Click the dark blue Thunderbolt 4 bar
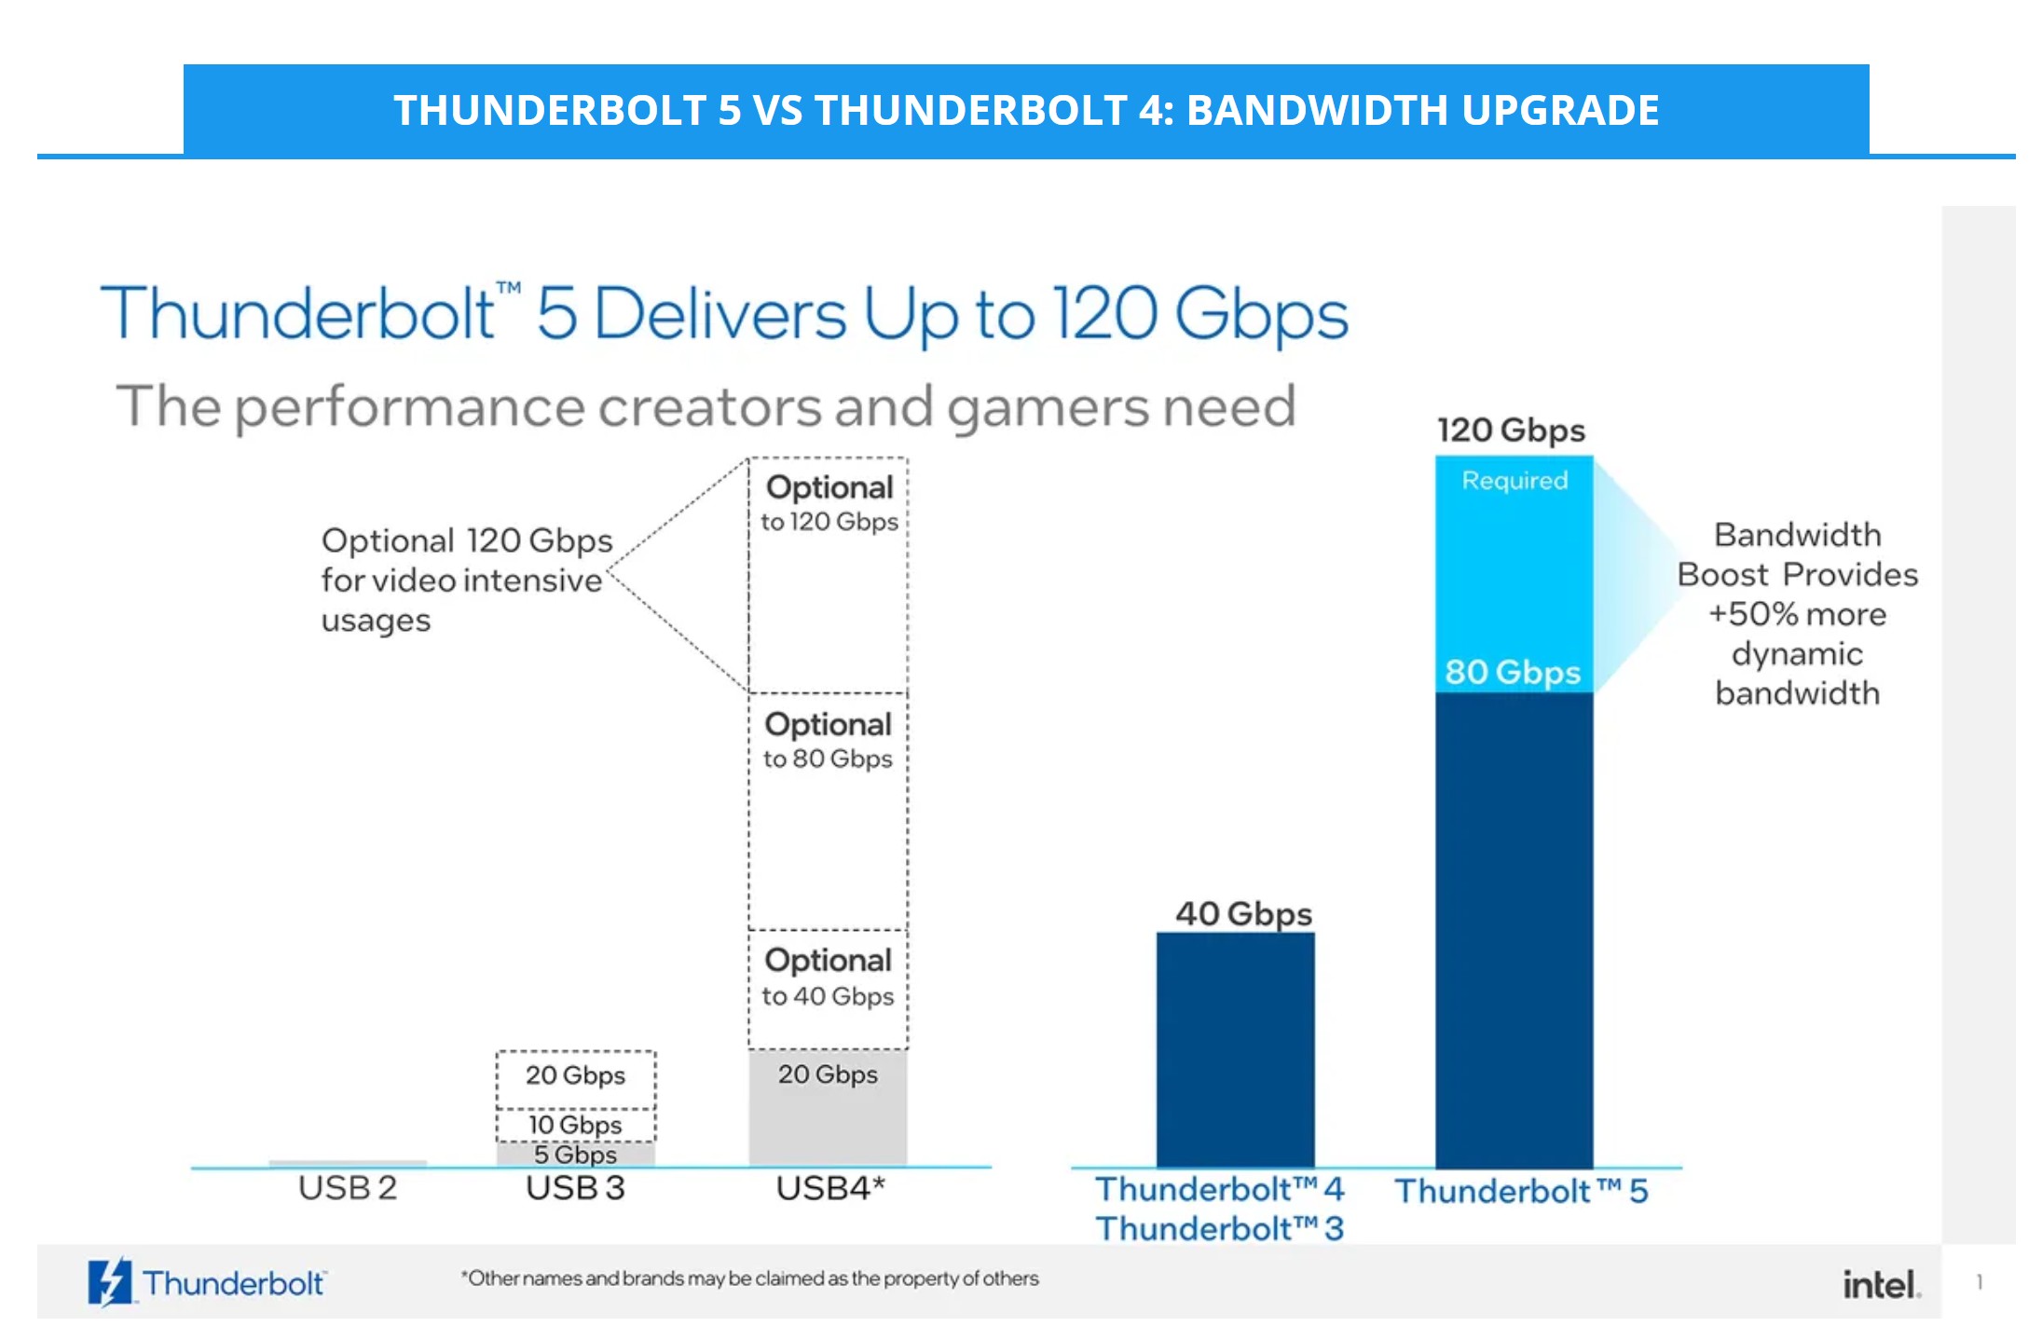[x=1235, y=1048]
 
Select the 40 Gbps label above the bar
[x=1243, y=913]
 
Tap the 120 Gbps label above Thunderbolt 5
[x=1511, y=431]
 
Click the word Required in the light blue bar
[x=1514, y=481]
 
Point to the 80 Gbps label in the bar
[x=1513, y=672]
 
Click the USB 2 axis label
[x=348, y=1188]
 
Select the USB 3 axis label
[x=575, y=1188]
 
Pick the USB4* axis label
[x=829, y=1188]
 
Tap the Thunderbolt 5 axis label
[x=1521, y=1191]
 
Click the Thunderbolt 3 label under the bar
[x=1219, y=1229]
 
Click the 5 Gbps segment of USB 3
[x=575, y=1155]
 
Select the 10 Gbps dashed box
[x=575, y=1125]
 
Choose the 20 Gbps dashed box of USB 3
[x=575, y=1076]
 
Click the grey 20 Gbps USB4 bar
[x=828, y=1109]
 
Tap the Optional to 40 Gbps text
[x=828, y=978]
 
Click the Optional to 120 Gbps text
[x=829, y=504]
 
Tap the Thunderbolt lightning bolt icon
[x=109, y=1282]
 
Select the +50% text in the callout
[x=1749, y=615]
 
